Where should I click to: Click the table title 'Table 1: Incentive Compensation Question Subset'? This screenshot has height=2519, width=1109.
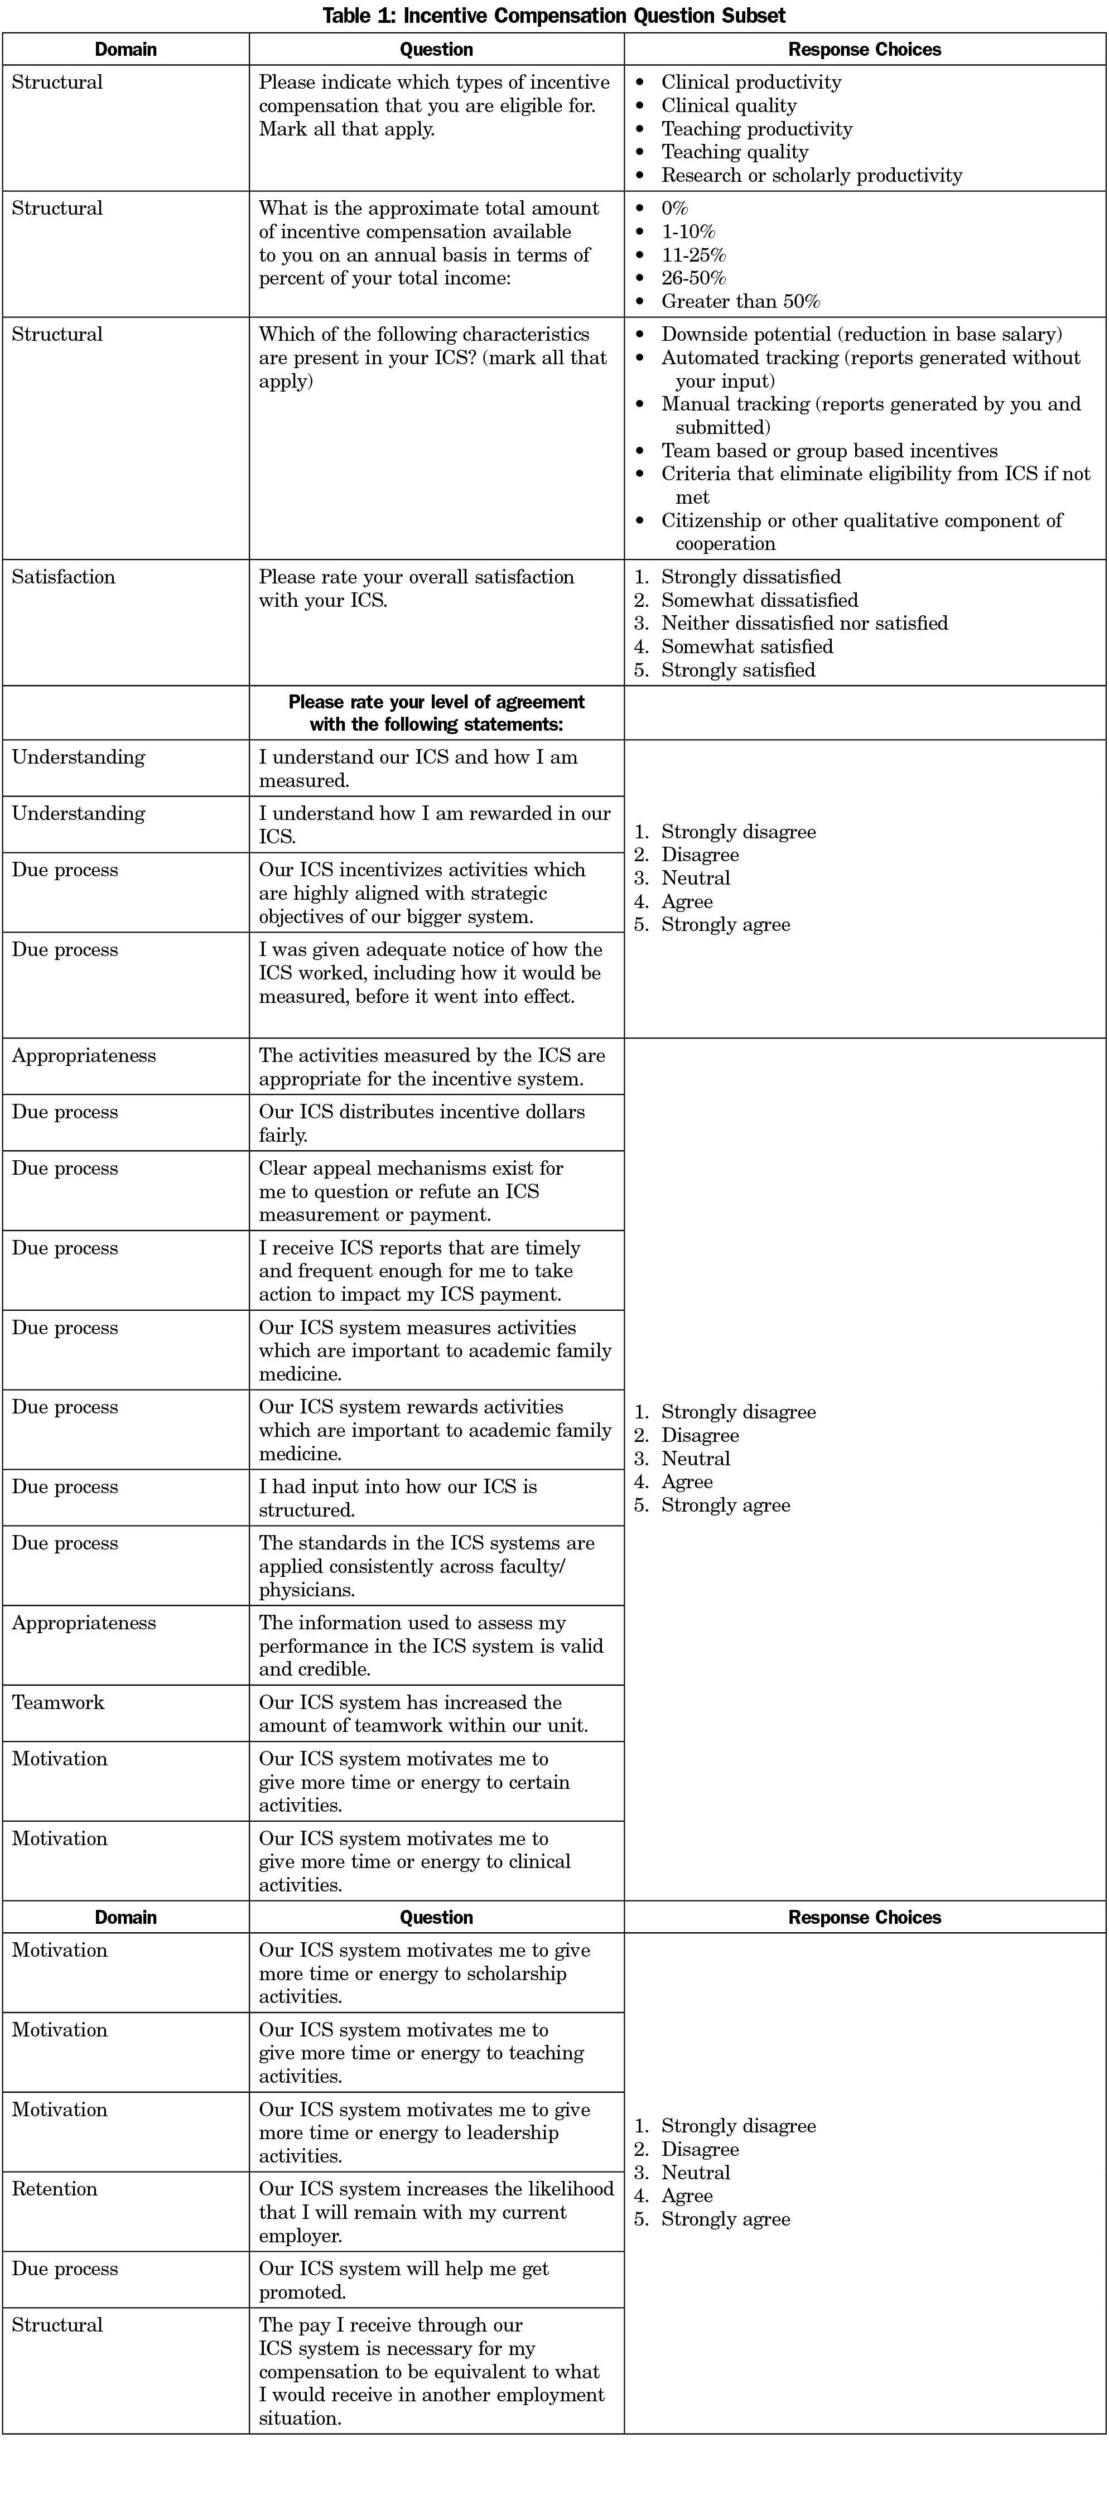tap(553, 16)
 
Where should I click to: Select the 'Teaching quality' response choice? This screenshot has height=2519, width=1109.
tap(735, 152)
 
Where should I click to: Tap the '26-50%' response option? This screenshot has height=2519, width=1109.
tap(693, 278)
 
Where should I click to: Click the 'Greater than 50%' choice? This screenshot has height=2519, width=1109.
tap(740, 301)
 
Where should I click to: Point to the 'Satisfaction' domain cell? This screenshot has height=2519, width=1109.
tap(64, 577)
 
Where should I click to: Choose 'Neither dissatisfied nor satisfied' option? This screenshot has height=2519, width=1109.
tap(804, 623)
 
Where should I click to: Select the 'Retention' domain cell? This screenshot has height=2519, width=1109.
tap(55, 2188)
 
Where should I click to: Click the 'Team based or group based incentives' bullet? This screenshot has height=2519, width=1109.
tap(830, 451)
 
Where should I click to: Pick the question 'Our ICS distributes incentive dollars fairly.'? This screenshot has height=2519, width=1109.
tap(422, 1123)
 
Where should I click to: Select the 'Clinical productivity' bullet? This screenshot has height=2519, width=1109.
tap(751, 82)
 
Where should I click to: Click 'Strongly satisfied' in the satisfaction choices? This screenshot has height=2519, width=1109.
tap(737, 670)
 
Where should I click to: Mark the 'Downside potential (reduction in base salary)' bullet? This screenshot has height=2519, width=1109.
tap(861, 335)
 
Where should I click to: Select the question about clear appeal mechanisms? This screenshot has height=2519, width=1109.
tap(411, 1191)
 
